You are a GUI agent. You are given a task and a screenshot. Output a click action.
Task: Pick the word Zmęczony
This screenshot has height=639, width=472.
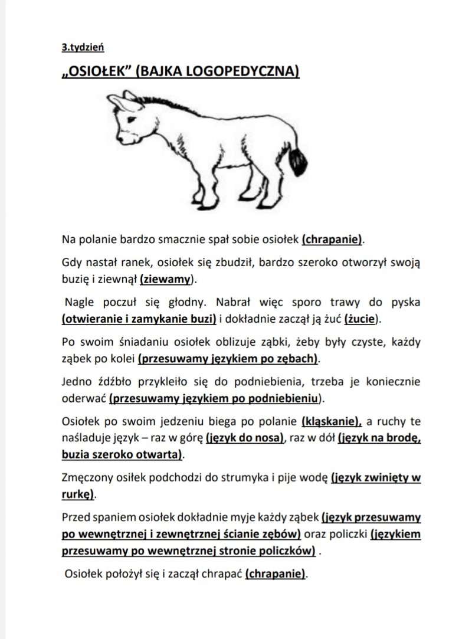click(86, 479)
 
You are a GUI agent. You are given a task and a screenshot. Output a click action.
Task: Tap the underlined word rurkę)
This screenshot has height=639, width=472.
click(79, 494)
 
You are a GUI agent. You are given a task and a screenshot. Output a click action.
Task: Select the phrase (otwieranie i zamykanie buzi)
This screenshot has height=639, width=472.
click(139, 319)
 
